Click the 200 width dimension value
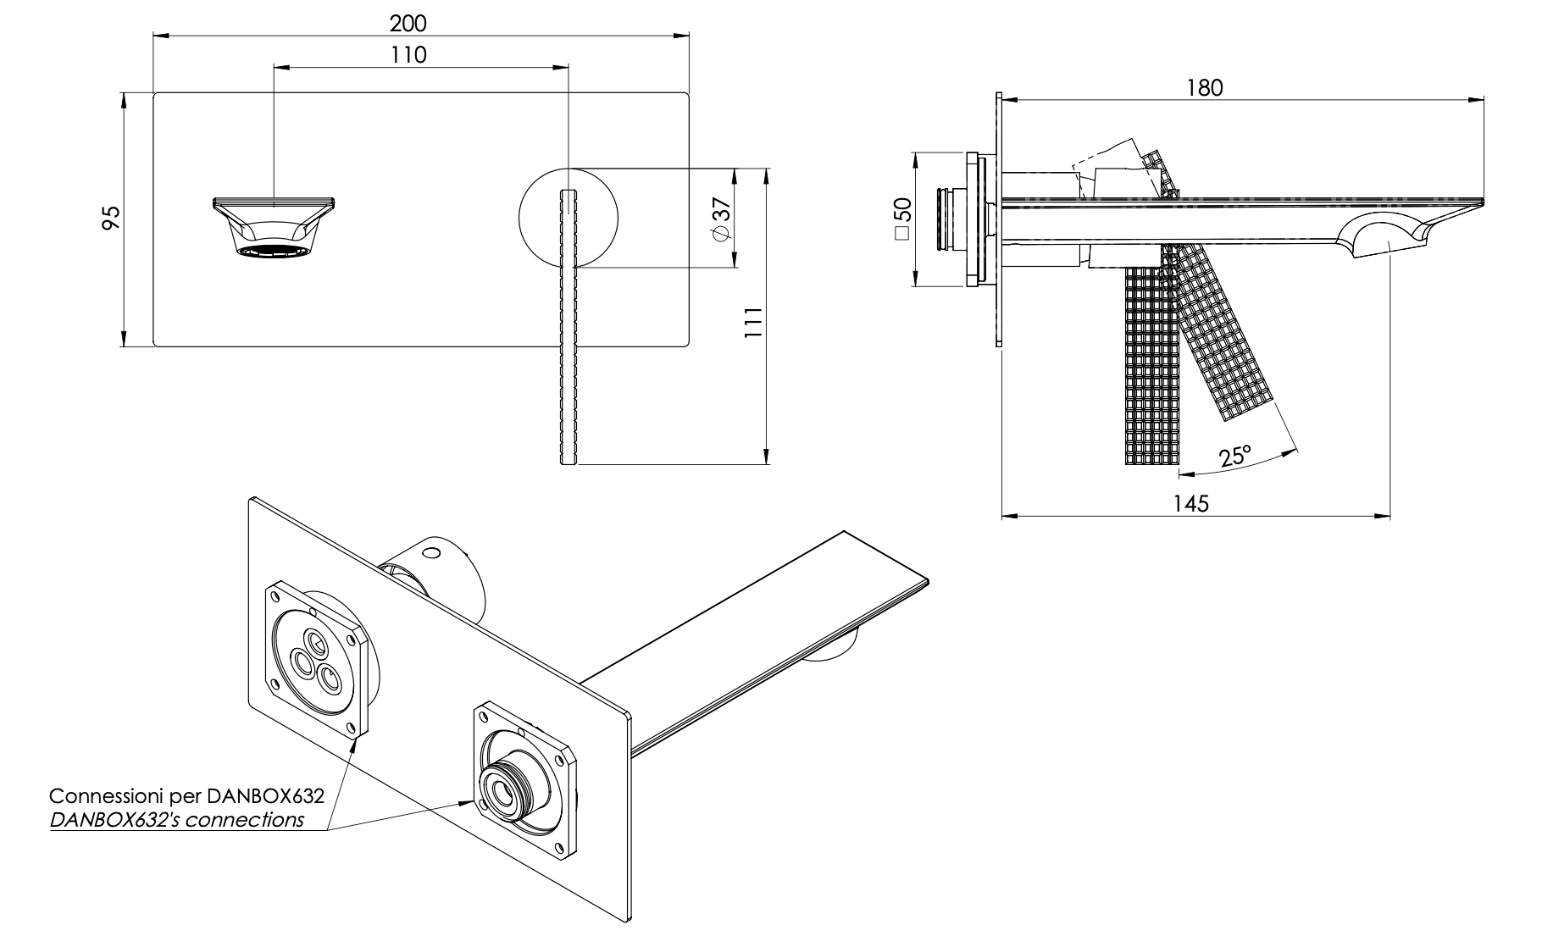[x=408, y=22]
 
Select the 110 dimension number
[x=409, y=55]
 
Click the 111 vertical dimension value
[x=753, y=323]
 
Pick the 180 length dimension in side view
[x=1205, y=87]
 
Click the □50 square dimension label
[x=902, y=219]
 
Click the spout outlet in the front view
[x=275, y=229]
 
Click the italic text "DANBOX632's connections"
[x=177, y=820]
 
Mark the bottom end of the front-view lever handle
[x=569, y=462]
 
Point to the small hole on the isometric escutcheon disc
[x=433, y=555]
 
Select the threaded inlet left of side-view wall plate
[x=949, y=219]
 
